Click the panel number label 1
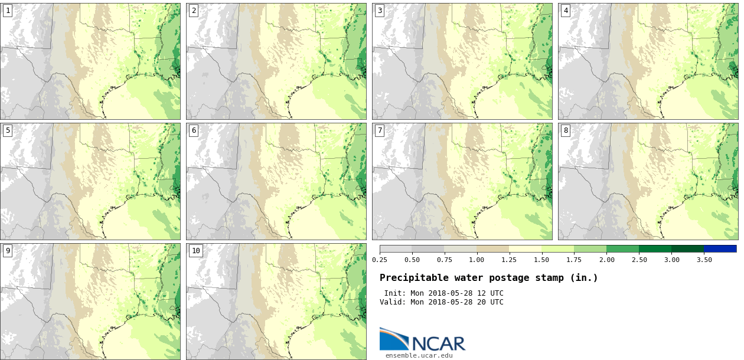pos(8,10)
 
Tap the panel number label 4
pos(566,10)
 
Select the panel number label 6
pos(194,130)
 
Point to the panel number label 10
pos(195,251)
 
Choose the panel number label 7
pos(380,130)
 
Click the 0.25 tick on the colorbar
pos(380,260)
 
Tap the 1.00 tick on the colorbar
pos(477,260)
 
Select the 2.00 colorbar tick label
pos(606,260)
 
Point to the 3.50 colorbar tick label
pos(704,260)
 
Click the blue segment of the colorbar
pos(720,249)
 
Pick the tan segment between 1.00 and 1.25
pos(493,249)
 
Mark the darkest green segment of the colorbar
pos(687,249)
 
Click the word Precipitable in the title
pos(411,278)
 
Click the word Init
pos(394,293)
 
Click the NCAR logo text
pos(438,343)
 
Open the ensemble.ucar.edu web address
pos(419,355)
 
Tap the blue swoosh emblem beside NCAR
pos(393,339)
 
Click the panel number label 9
pos(8,251)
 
